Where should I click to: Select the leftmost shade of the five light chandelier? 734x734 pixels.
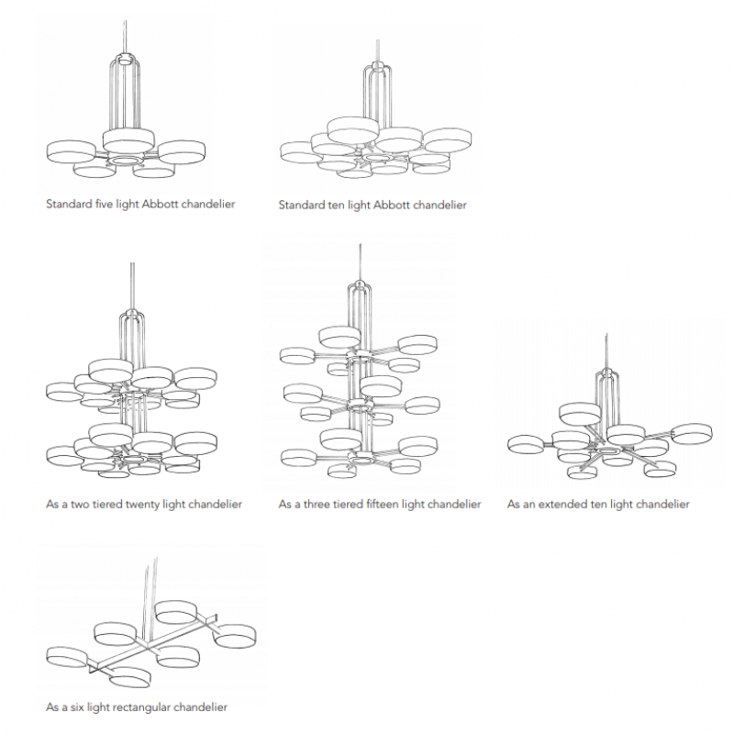[72, 151]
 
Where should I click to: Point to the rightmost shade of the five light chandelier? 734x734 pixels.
[182, 151]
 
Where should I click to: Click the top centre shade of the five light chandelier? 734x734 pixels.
[128, 140]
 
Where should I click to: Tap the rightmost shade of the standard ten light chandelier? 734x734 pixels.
[448, 139]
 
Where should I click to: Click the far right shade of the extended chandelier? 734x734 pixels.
[692, 433]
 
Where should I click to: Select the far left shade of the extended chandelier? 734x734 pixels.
[527, 444]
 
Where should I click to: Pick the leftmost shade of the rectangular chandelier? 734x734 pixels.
[67, 658]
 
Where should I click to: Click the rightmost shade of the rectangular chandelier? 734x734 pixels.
[235, 636]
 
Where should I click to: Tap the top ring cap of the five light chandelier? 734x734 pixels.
[125, 60]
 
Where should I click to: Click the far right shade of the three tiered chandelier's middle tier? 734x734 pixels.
[422, 406]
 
